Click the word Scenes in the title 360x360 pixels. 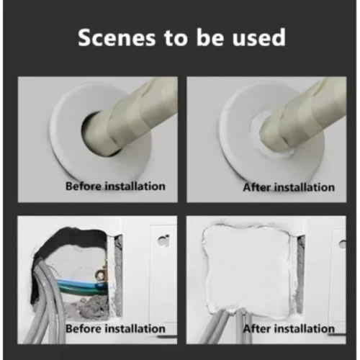point(117,37)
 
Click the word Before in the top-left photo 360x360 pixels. point(84,186)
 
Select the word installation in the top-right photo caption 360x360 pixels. point(305,187)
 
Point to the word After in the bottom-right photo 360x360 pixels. point(257,328)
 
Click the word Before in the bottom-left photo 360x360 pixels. point(84,328)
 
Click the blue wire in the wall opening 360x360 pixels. point(81,283)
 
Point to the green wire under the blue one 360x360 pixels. point(81,289)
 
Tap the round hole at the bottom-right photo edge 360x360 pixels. point(343,244)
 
